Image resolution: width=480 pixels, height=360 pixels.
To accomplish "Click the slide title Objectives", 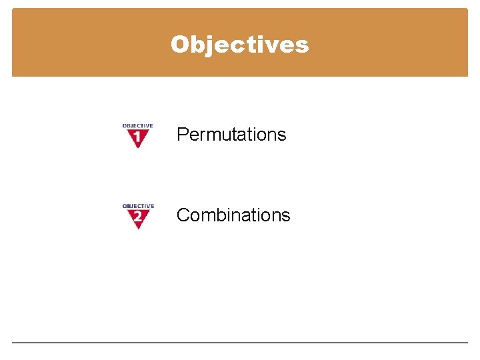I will point(239,44).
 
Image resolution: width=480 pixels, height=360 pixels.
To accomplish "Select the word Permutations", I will point(231,135).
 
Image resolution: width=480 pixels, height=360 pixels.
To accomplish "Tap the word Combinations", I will point(233,215).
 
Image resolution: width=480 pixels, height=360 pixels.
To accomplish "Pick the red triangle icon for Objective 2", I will point(138,217).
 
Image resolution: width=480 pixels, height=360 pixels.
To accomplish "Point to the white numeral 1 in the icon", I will point(138,137).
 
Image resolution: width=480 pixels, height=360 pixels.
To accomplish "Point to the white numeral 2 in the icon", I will point(138,217).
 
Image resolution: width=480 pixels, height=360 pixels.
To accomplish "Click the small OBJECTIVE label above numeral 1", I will point(138,125).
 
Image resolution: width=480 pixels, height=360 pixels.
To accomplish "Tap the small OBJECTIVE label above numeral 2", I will point(138,206).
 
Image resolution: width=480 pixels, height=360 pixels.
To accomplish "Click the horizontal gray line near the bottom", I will point(240,343).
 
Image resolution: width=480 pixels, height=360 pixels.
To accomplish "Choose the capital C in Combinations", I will point(183,215).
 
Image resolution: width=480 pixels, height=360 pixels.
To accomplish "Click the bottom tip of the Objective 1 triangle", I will point(138,147).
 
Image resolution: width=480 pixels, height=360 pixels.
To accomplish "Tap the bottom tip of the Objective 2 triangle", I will point(138,228).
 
